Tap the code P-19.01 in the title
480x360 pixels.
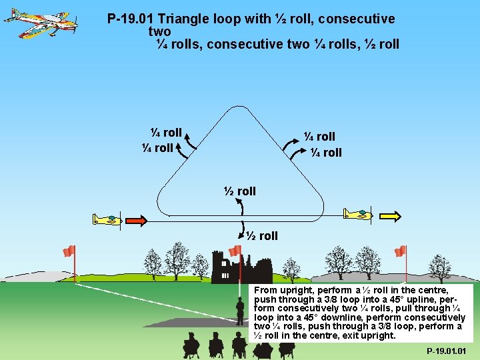point(131,19)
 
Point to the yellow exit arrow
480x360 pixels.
point(390,215)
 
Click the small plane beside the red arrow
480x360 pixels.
point(107,219)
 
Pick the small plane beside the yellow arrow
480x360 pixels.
point(358,214)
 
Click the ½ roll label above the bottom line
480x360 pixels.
point(239,191)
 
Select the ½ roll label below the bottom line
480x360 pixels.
point(261,236)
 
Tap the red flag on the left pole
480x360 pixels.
point(69,251)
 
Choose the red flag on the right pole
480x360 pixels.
point(400,251)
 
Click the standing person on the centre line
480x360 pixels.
point(240,310)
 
